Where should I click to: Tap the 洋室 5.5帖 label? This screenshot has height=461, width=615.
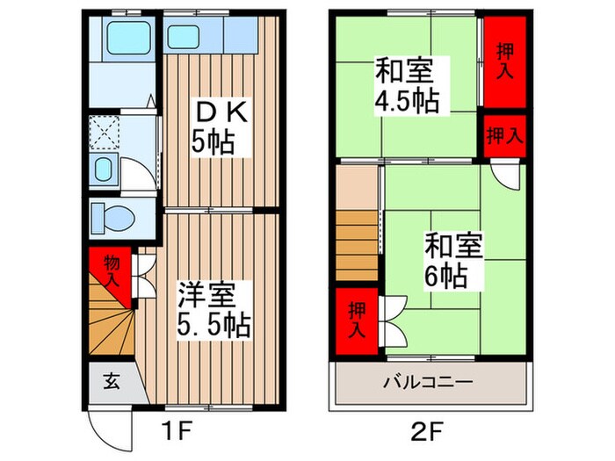(x=214, y=309)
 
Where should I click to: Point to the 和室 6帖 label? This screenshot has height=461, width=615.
(x=453, y=261)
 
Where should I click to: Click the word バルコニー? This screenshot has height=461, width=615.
(x=429, y=384)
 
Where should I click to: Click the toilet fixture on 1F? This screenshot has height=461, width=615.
(x=111, y=215)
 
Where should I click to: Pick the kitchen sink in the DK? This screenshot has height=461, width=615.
(x=184, y=38)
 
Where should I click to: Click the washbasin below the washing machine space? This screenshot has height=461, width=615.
(x=104, y=170)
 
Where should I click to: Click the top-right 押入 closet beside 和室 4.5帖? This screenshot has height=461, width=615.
(x=503, y=61)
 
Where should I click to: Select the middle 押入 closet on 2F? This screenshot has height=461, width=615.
(x=503, y=135)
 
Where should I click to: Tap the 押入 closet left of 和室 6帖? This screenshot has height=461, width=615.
(x=356, y=320)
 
